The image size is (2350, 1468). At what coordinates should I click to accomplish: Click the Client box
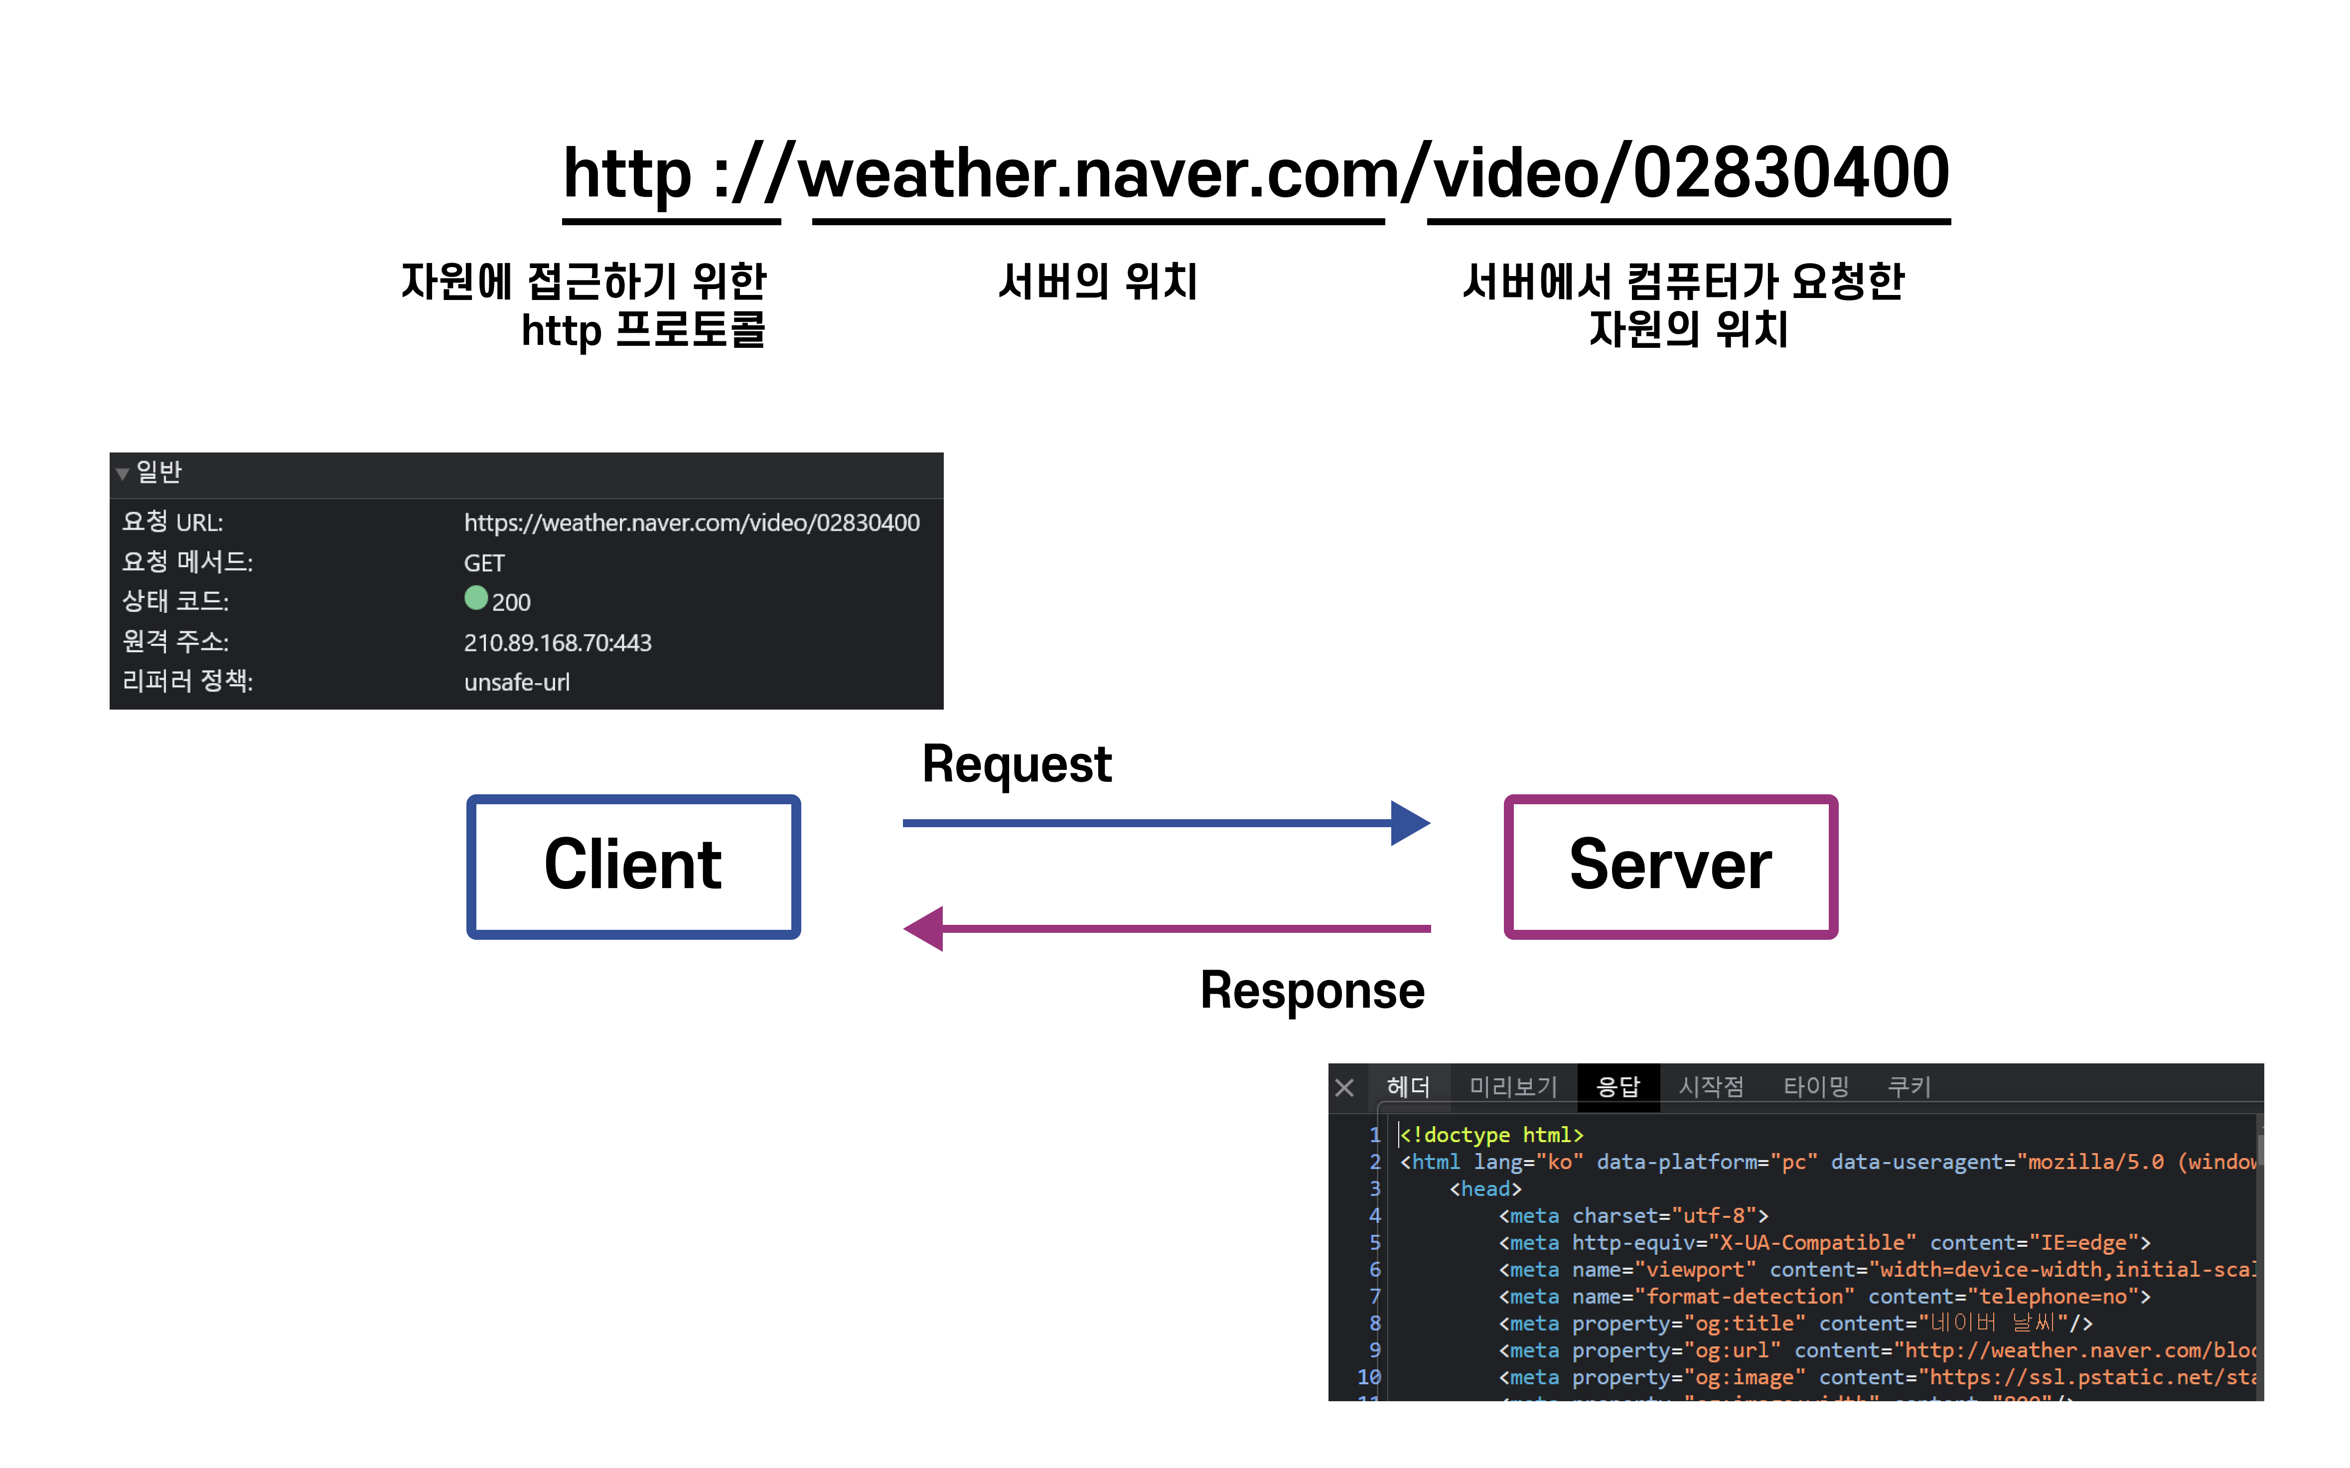(633, 866)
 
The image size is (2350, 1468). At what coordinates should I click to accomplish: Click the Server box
(1669, 866)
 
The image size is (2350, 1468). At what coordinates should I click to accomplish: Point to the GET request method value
(483, 563)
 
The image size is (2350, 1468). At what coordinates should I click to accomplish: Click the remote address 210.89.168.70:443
(557, 643)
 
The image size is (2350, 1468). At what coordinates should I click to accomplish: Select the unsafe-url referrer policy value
(516, 683)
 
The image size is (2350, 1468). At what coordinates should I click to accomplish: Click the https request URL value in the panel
(691, 523)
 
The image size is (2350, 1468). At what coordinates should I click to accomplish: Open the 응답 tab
(1618, 1086)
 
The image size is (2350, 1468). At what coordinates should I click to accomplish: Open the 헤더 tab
(1408, 1086)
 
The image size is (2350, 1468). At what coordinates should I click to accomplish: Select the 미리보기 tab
(1512, 1086)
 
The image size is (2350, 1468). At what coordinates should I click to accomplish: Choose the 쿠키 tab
(1909, 1086)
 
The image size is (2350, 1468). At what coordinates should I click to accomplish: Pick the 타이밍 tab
(1815, 1086)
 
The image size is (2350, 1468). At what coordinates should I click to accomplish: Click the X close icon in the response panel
(1344, 1087)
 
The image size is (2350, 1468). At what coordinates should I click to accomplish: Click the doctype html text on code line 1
(1492, 1135)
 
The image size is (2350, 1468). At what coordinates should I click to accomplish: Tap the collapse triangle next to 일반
(122, 474)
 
